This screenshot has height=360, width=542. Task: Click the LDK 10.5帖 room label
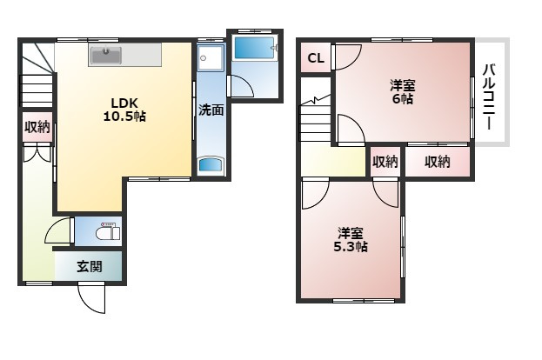(124, 110)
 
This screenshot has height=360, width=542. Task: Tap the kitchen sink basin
(106, 56)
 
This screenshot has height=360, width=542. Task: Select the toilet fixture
(108, 232)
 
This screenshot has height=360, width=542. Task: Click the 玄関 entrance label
(90, 267)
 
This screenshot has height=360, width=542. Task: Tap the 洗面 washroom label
(211, 110)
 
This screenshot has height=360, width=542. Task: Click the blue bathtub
(255, 48)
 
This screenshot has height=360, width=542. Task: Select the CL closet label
(316, 58)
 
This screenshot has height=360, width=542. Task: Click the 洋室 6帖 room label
(403, 92)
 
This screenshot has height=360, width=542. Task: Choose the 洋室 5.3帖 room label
(350, 240)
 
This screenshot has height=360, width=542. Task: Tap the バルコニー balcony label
(489, 97)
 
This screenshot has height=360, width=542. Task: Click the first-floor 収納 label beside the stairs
(37, 127)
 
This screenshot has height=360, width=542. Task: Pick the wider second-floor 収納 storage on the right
(438, 162)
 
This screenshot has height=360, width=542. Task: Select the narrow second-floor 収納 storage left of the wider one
(385, 162)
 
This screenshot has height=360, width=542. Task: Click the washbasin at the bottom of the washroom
(211, 165)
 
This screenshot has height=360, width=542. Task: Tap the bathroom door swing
(241, 86)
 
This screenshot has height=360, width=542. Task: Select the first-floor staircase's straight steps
(37, 90)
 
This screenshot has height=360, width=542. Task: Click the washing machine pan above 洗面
(211, 58)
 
